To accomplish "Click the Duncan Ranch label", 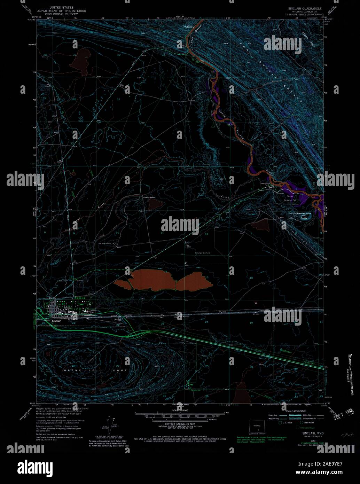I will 147,198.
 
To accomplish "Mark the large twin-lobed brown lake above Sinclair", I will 164,280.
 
